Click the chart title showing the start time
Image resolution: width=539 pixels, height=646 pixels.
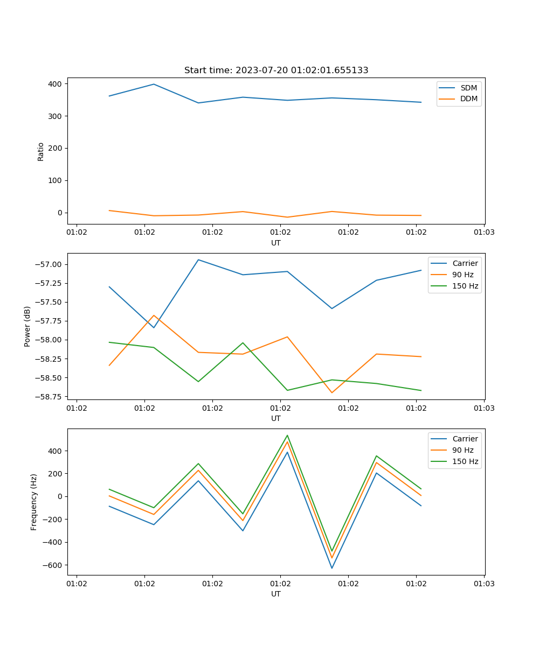[276, 71]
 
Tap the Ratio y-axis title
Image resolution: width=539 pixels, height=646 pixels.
[41, 151]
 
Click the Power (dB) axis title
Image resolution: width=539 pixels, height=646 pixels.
[27, 326]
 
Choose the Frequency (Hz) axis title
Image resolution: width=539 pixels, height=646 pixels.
[34, 502]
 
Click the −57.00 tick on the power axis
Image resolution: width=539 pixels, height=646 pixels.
[50, 264]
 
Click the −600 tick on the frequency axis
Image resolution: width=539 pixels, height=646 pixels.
[52, 565]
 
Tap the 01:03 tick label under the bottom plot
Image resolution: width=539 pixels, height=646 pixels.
[484, 583]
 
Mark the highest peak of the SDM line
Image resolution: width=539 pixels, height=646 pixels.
[154, 84]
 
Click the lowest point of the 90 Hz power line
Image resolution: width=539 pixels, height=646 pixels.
[331, 392]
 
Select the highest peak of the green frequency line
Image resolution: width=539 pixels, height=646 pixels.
[287, 435]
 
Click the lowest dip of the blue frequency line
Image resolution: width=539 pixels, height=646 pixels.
[331, 568]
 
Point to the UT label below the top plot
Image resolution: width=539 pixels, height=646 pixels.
[276, 243]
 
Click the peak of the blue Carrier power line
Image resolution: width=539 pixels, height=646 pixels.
[198, 259]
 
